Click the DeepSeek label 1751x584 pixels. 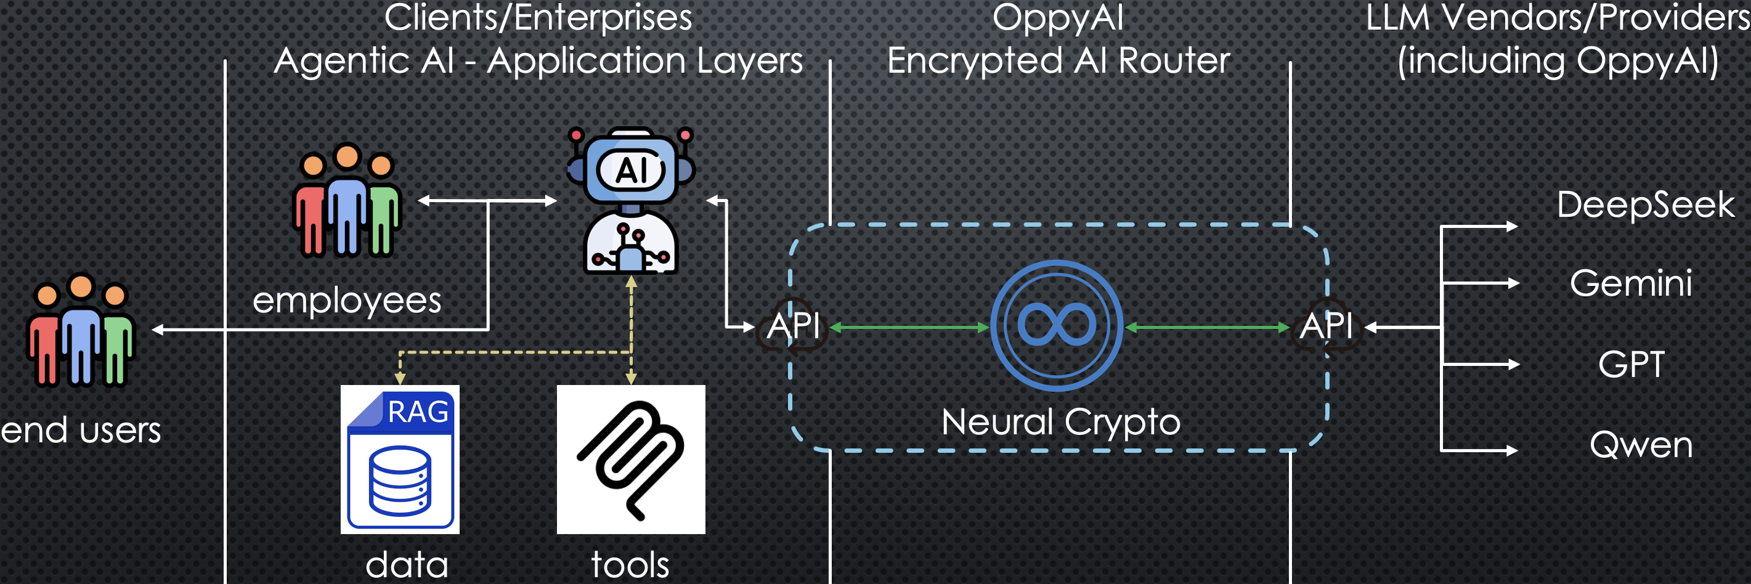1645,205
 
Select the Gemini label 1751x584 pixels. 1631,283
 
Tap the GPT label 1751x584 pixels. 1631,365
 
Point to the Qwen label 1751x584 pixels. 1640,445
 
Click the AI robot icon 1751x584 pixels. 631,201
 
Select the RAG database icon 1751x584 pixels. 400,460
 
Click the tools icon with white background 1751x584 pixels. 631,460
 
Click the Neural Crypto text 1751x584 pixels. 1061,422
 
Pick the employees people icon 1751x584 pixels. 347,201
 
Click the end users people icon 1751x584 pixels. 80,330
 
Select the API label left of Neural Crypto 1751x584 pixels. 794,326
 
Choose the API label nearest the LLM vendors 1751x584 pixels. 1326,326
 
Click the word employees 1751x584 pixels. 347,301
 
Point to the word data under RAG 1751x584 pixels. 407,565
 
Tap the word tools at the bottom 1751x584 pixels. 630,565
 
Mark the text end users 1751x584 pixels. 81,431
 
